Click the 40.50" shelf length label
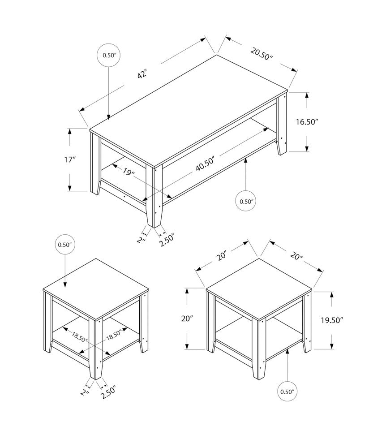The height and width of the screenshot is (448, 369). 206,164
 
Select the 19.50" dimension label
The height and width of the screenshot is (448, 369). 331,320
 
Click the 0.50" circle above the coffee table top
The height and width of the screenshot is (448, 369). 109,56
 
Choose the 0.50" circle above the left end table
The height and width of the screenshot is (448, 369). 65,245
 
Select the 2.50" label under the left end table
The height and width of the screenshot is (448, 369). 108,391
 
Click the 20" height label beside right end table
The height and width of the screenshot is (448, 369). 188,319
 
